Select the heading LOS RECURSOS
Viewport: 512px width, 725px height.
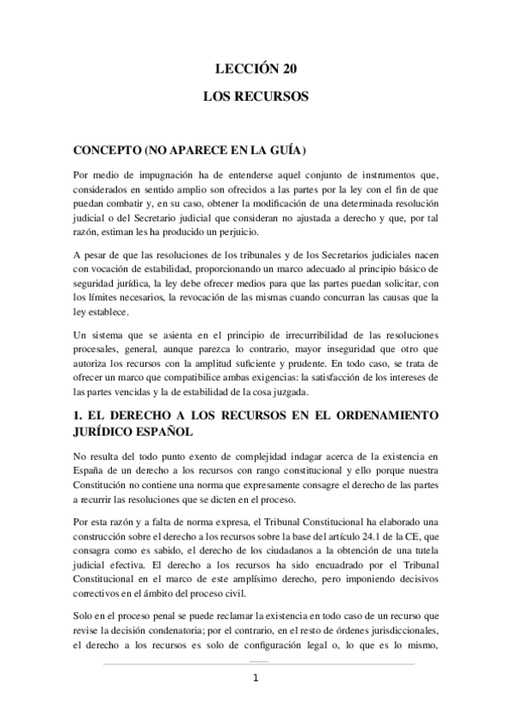[255, 98]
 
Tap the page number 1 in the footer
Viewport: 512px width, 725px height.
[255, 679]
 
